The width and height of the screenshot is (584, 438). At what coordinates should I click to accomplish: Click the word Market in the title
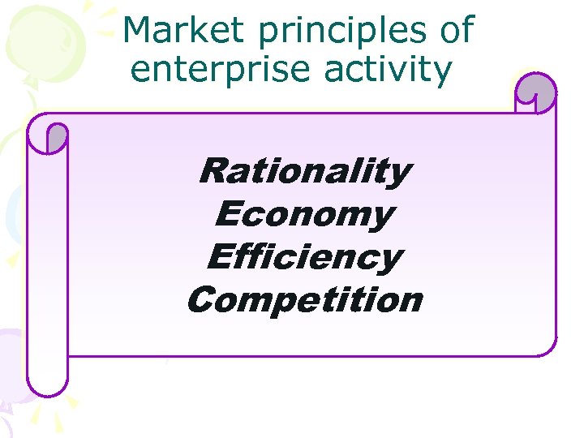tap(183, 31)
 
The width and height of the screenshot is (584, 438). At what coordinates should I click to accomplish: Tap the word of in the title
tap(454, 31)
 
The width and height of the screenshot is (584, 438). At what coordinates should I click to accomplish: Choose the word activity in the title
tap(387, 71)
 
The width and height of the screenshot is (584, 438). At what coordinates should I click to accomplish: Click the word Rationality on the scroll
tap(305, 172)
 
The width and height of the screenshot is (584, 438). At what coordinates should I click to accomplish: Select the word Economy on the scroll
tap(305, 216)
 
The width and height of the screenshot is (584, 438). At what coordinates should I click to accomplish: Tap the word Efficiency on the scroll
tap(305, 258)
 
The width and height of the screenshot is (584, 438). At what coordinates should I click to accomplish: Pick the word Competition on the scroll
tap(305, 301)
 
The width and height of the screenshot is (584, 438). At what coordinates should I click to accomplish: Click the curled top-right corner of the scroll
tap(535, 93)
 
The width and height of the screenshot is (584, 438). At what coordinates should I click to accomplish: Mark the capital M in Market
tap(139, 31)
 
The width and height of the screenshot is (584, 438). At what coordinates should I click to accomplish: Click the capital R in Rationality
tap(215, 171)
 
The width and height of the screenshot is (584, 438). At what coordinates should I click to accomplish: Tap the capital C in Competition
tap(202, 300)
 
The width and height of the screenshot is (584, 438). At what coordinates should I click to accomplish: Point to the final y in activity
tap(441, 73)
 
